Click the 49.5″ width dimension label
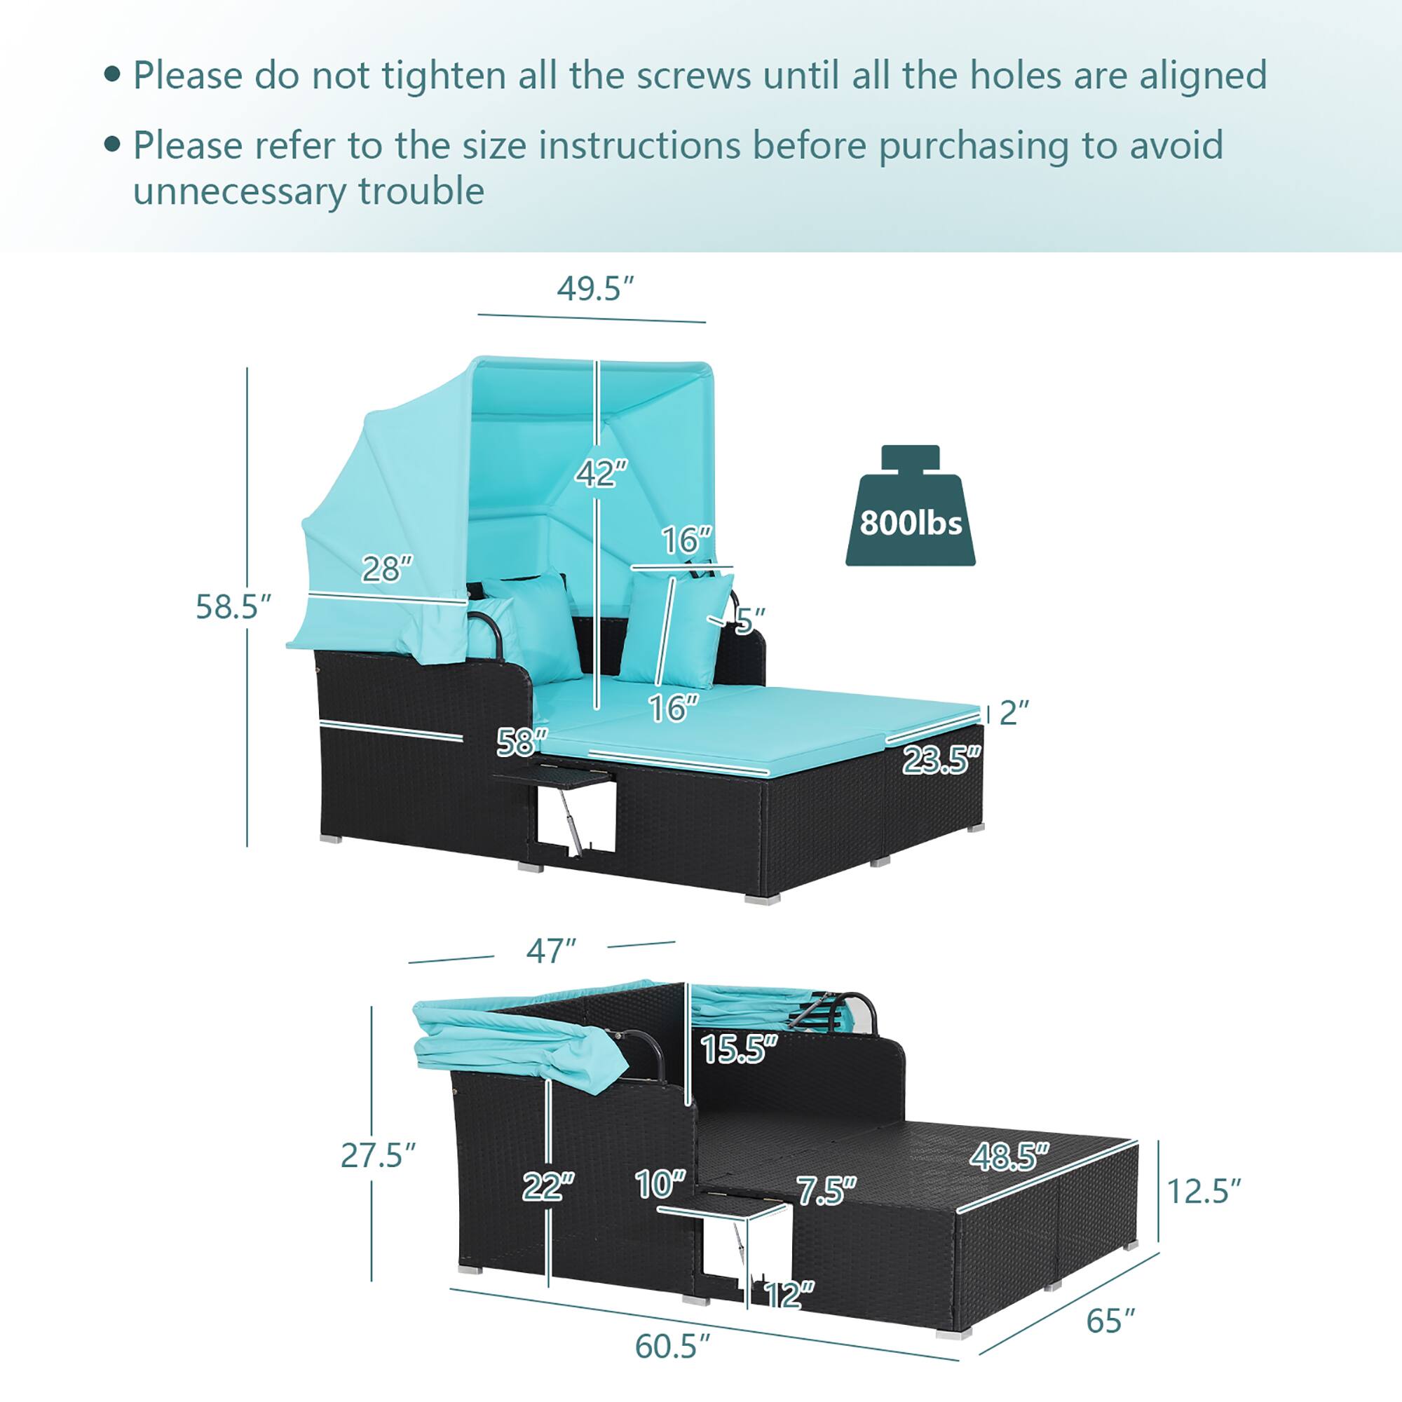pyautogui.click(x=595, y=289)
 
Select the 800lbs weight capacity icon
pyautogui.click(x=910, y=508)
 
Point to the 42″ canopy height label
pyautogui.click(x=601, y=474)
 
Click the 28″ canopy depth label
pyautogui.click(x=387, y=569)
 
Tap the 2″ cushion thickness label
pyautogui.click(x=1014, y=713)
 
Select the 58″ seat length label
pyautogui.click(x=522, y=742)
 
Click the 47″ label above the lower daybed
pyautogui.click(x=551, y=951)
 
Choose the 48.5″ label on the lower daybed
pyautogui.click(x=1009, y=1156)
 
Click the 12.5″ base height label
pyautogui.click(x=1203, y=1191)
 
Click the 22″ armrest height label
pyautogui.click(x=548, y=1187)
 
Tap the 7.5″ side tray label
pyautogui.click(x=826, y=1191)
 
